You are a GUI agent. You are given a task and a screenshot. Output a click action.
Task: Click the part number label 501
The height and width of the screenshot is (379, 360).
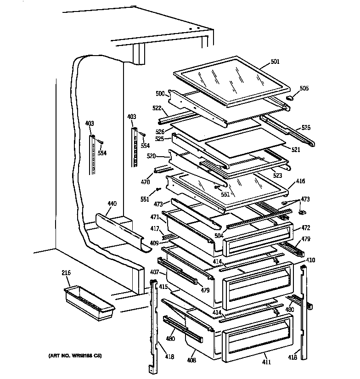(x=275, y=62)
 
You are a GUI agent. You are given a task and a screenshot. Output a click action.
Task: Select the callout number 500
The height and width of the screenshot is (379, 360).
(x=160, y=93)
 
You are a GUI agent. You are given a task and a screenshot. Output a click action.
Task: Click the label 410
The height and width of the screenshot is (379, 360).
(x=310, y=260)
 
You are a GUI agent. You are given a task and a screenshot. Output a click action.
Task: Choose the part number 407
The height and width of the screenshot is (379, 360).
(x=154, y=272)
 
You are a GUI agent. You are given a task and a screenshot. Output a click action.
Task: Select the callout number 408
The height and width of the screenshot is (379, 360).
(x=191, y=360)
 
